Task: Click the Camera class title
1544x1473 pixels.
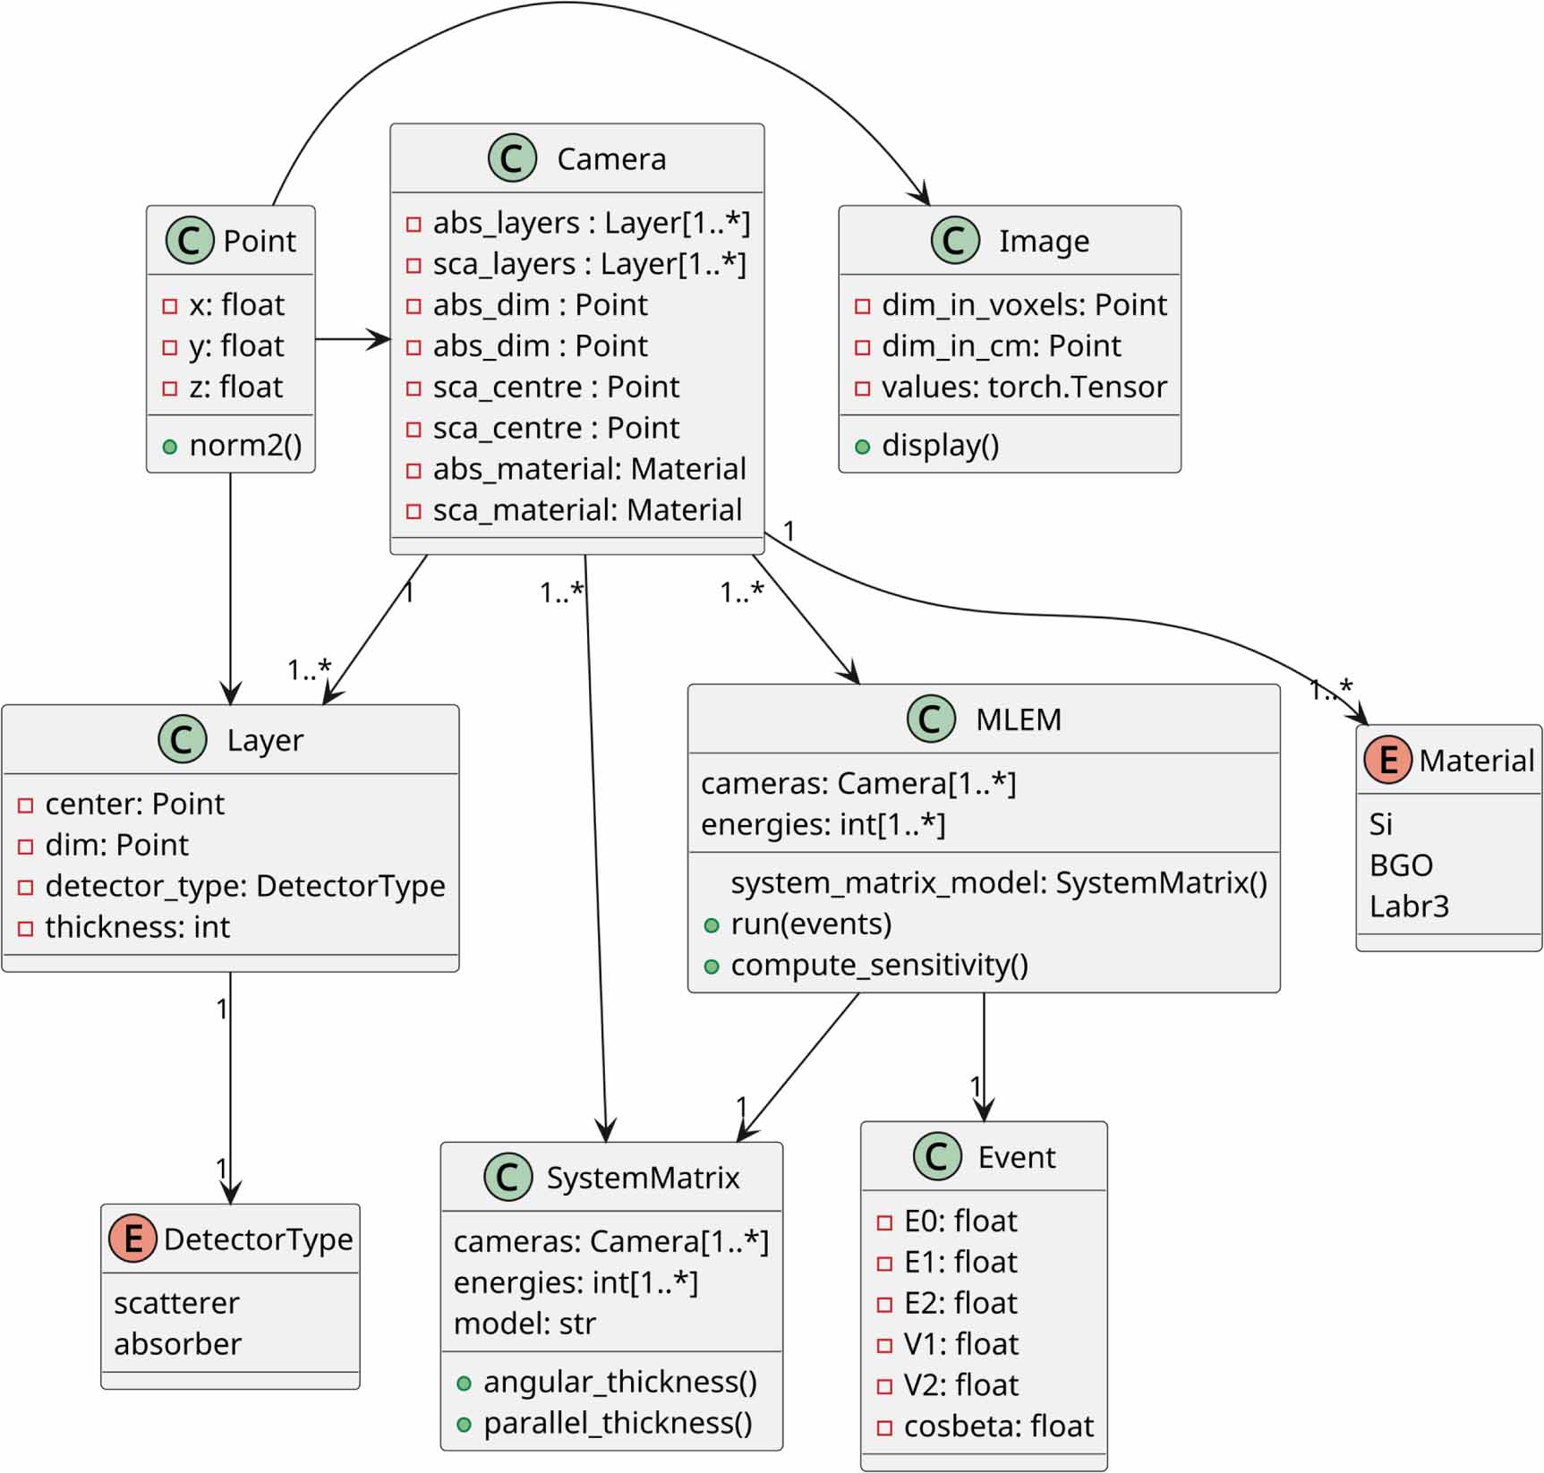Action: pos(611,159)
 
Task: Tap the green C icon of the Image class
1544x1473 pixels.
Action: pos(954,240)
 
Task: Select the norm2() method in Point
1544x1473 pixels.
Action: pos(245,445)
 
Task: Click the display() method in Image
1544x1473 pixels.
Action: pos(940,445)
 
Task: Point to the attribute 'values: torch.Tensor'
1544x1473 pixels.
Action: pos(1023,387)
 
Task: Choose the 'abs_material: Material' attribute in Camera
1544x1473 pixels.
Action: pos(588,469)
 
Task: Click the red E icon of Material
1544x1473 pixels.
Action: pos(1387,760)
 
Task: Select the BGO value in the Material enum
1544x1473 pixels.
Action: pos(1401,865)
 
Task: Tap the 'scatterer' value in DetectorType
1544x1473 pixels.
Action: pos(176,1303)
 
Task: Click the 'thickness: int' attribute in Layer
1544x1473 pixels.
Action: pos(137,927)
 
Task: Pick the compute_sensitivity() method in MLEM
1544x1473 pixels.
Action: pos(879,965)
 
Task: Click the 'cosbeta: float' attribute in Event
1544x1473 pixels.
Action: pos(998,1426)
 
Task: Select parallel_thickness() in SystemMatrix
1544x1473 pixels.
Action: pos(618,1423)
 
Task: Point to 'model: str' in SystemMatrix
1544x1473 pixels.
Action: pos(525,1324)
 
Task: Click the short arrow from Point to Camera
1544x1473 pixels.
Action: pos(353,339)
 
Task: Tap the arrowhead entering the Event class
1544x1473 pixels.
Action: pos(984,1111)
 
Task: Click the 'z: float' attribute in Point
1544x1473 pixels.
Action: pos(235,387)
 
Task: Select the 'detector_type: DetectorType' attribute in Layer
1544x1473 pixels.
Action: pos(244,886)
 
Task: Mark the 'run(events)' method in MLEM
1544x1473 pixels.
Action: pos(811,924)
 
